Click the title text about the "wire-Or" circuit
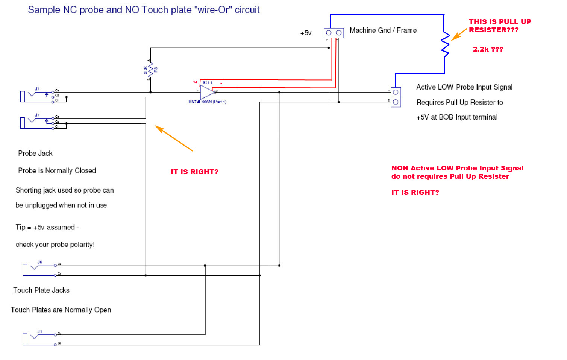144,10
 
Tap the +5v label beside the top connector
306,33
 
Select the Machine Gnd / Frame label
383,30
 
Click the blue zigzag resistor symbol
445,44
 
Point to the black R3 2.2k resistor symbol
151,70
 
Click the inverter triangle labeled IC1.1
207,92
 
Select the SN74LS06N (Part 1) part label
207,102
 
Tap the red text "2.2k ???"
488,49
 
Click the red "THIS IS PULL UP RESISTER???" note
499,26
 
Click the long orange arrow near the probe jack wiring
173,138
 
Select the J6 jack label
39,262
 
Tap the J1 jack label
39,331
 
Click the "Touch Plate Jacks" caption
41,290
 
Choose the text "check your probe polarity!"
55,245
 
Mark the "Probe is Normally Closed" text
57,170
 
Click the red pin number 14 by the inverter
195,82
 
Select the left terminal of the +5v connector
329,33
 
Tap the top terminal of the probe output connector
396,92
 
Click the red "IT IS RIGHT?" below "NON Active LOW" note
415,193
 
